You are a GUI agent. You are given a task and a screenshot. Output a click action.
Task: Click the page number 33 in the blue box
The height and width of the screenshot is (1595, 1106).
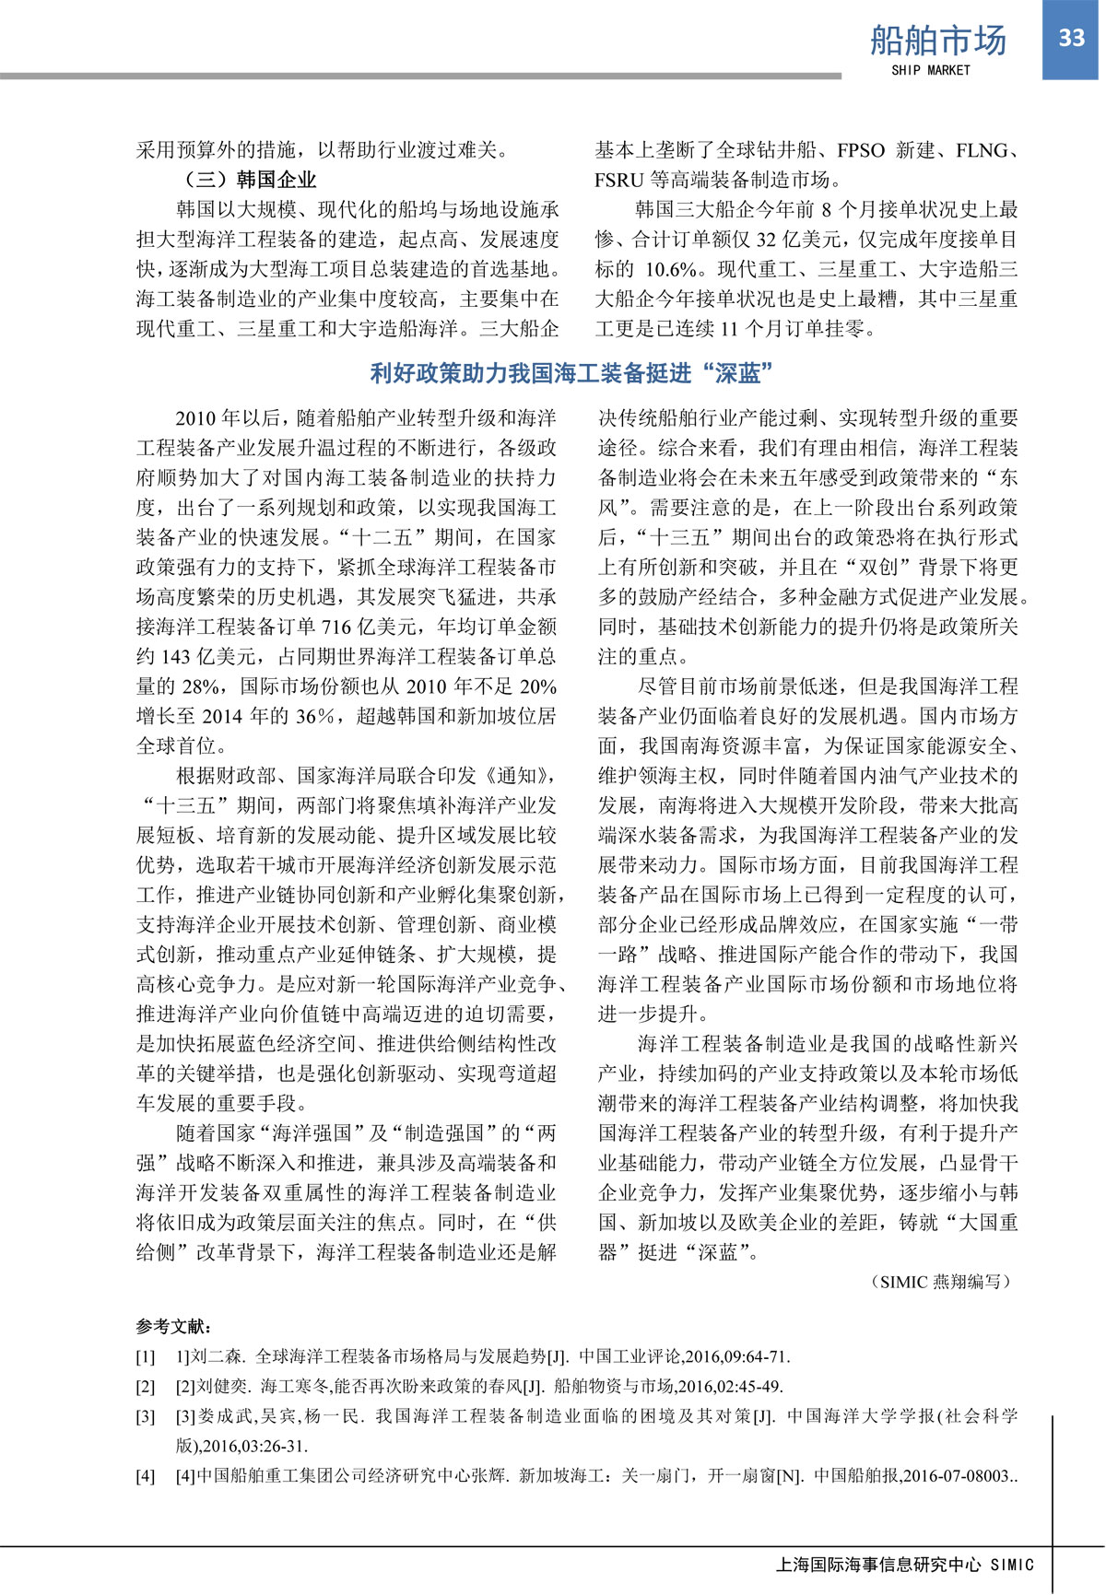(1072, 38)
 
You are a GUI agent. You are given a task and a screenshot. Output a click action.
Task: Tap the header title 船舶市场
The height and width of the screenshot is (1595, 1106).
(938, 41)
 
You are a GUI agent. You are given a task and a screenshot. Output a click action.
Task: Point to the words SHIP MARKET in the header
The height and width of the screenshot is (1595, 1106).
(931, 70)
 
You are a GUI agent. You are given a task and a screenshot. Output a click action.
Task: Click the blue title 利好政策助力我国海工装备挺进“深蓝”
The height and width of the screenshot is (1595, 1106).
(571, 373)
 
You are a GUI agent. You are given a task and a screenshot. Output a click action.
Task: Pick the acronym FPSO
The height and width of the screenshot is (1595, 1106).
(861, 150)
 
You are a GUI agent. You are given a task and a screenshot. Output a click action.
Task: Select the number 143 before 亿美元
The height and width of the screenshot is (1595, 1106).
(176, 657)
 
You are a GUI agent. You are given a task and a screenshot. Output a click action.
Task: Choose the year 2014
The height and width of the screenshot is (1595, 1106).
(221, 716)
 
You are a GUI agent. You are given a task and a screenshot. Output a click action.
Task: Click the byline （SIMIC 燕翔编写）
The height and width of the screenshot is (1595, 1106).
(940, 1281)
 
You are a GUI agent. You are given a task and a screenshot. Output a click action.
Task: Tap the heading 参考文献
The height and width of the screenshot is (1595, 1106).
(174, 1327)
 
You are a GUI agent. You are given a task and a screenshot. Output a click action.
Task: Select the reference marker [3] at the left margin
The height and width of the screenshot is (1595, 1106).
(146, 1416)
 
